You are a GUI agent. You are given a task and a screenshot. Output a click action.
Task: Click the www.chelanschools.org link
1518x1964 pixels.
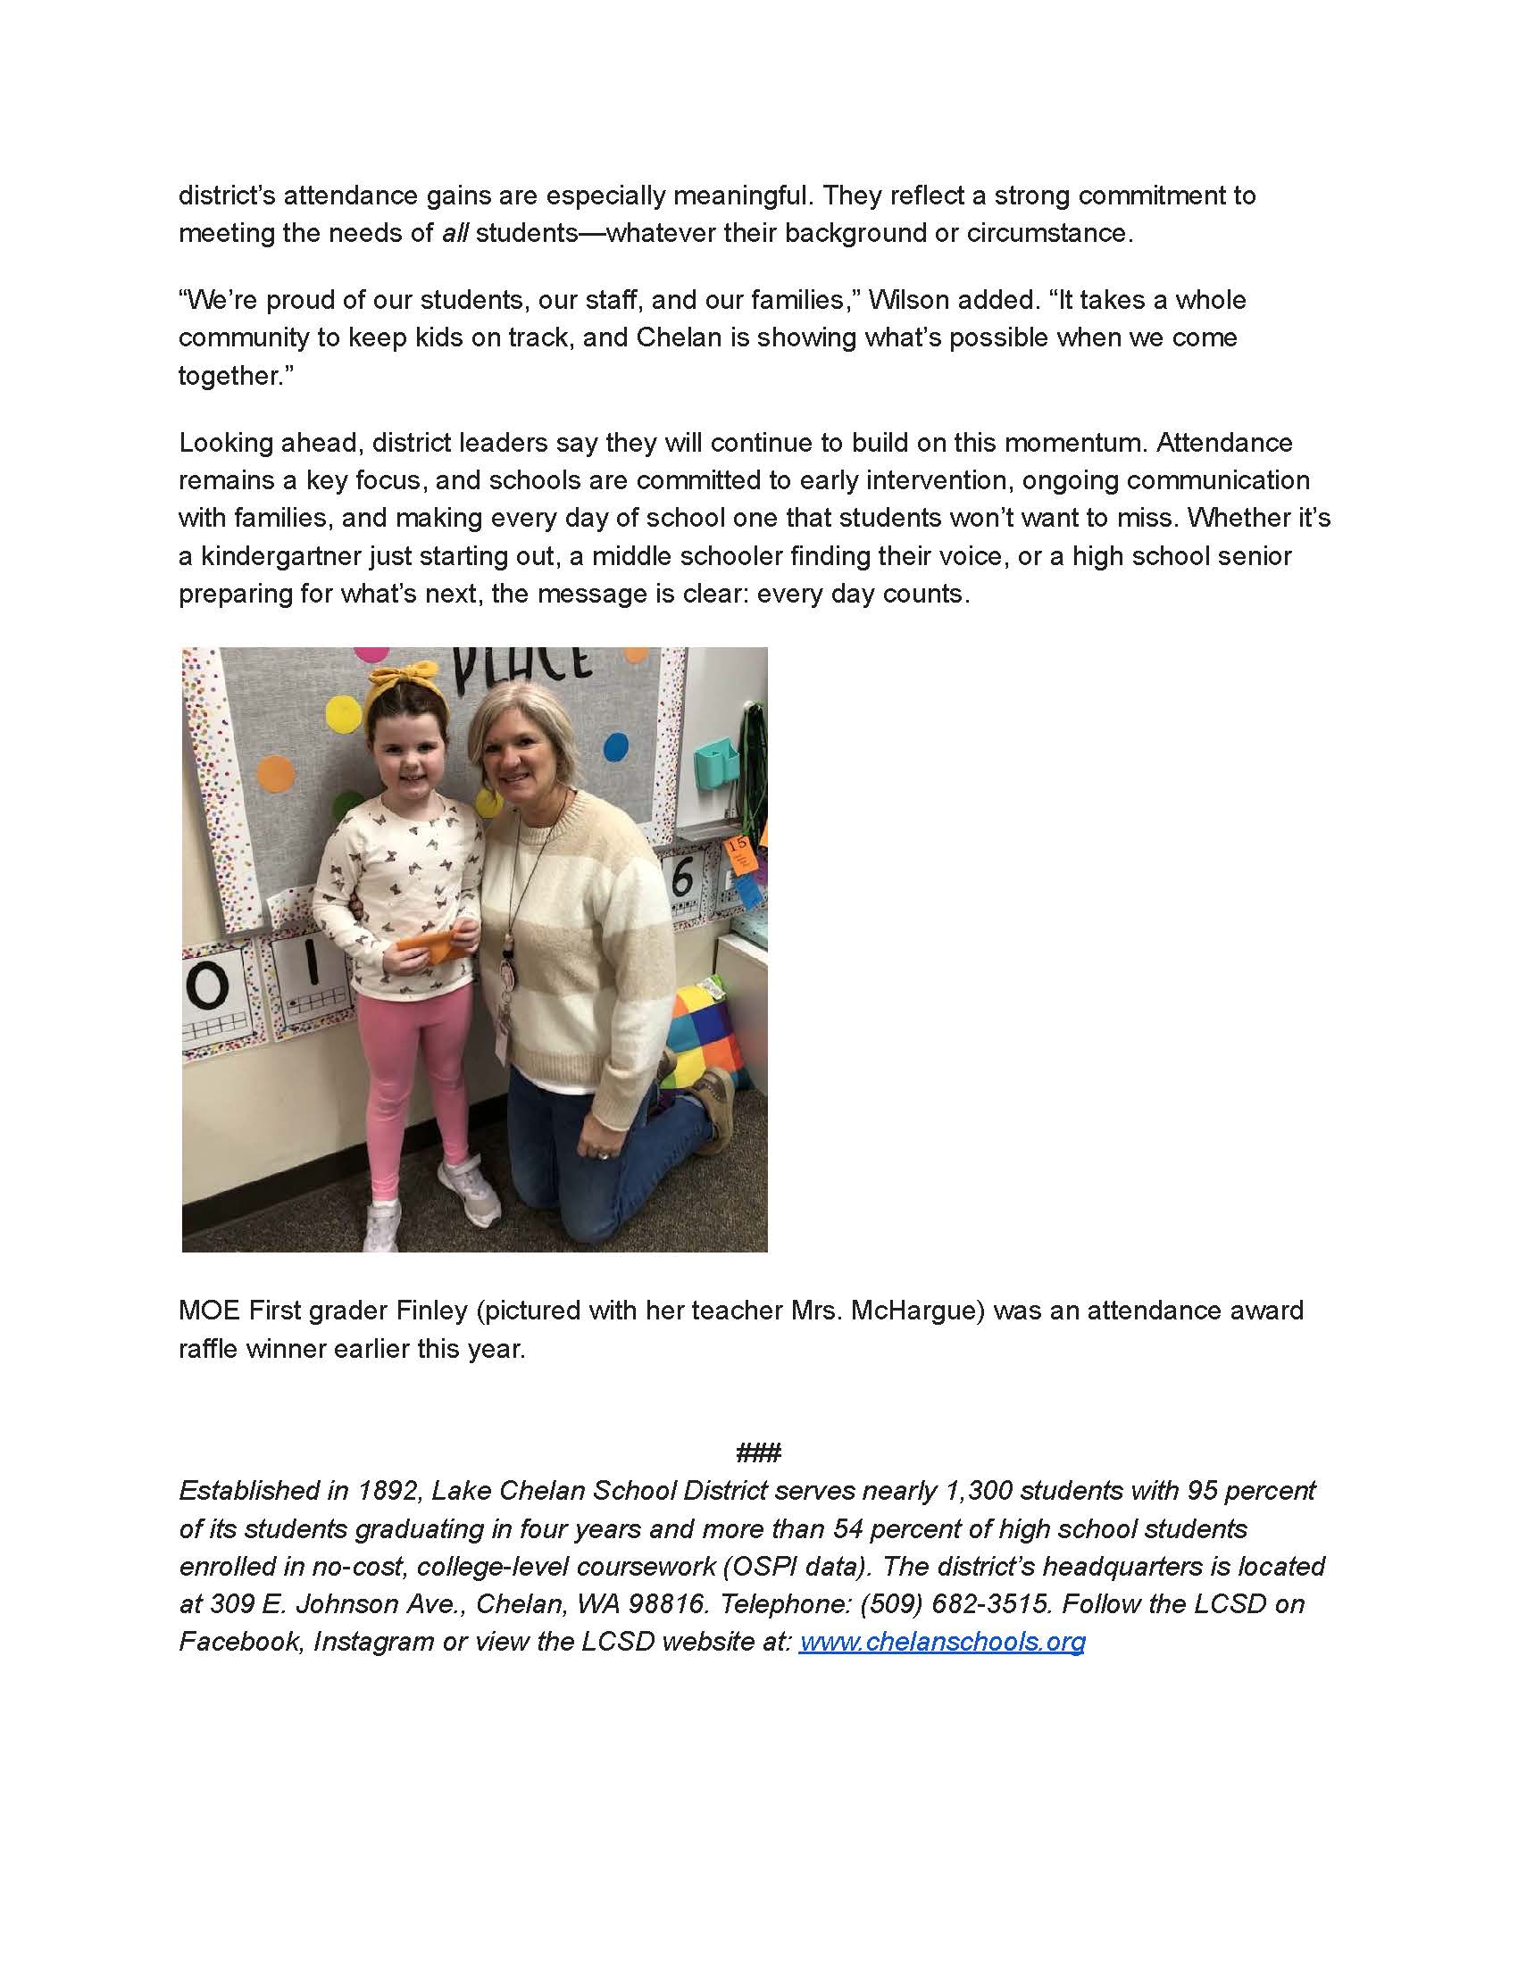[941, 1641]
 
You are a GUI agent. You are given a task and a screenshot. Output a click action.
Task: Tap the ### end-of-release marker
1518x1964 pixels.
[758, 1452]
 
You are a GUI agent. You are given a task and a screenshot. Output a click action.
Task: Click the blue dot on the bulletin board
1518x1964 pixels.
[615, 746]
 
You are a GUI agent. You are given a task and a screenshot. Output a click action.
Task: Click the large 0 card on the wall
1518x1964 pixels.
[208, 988]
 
